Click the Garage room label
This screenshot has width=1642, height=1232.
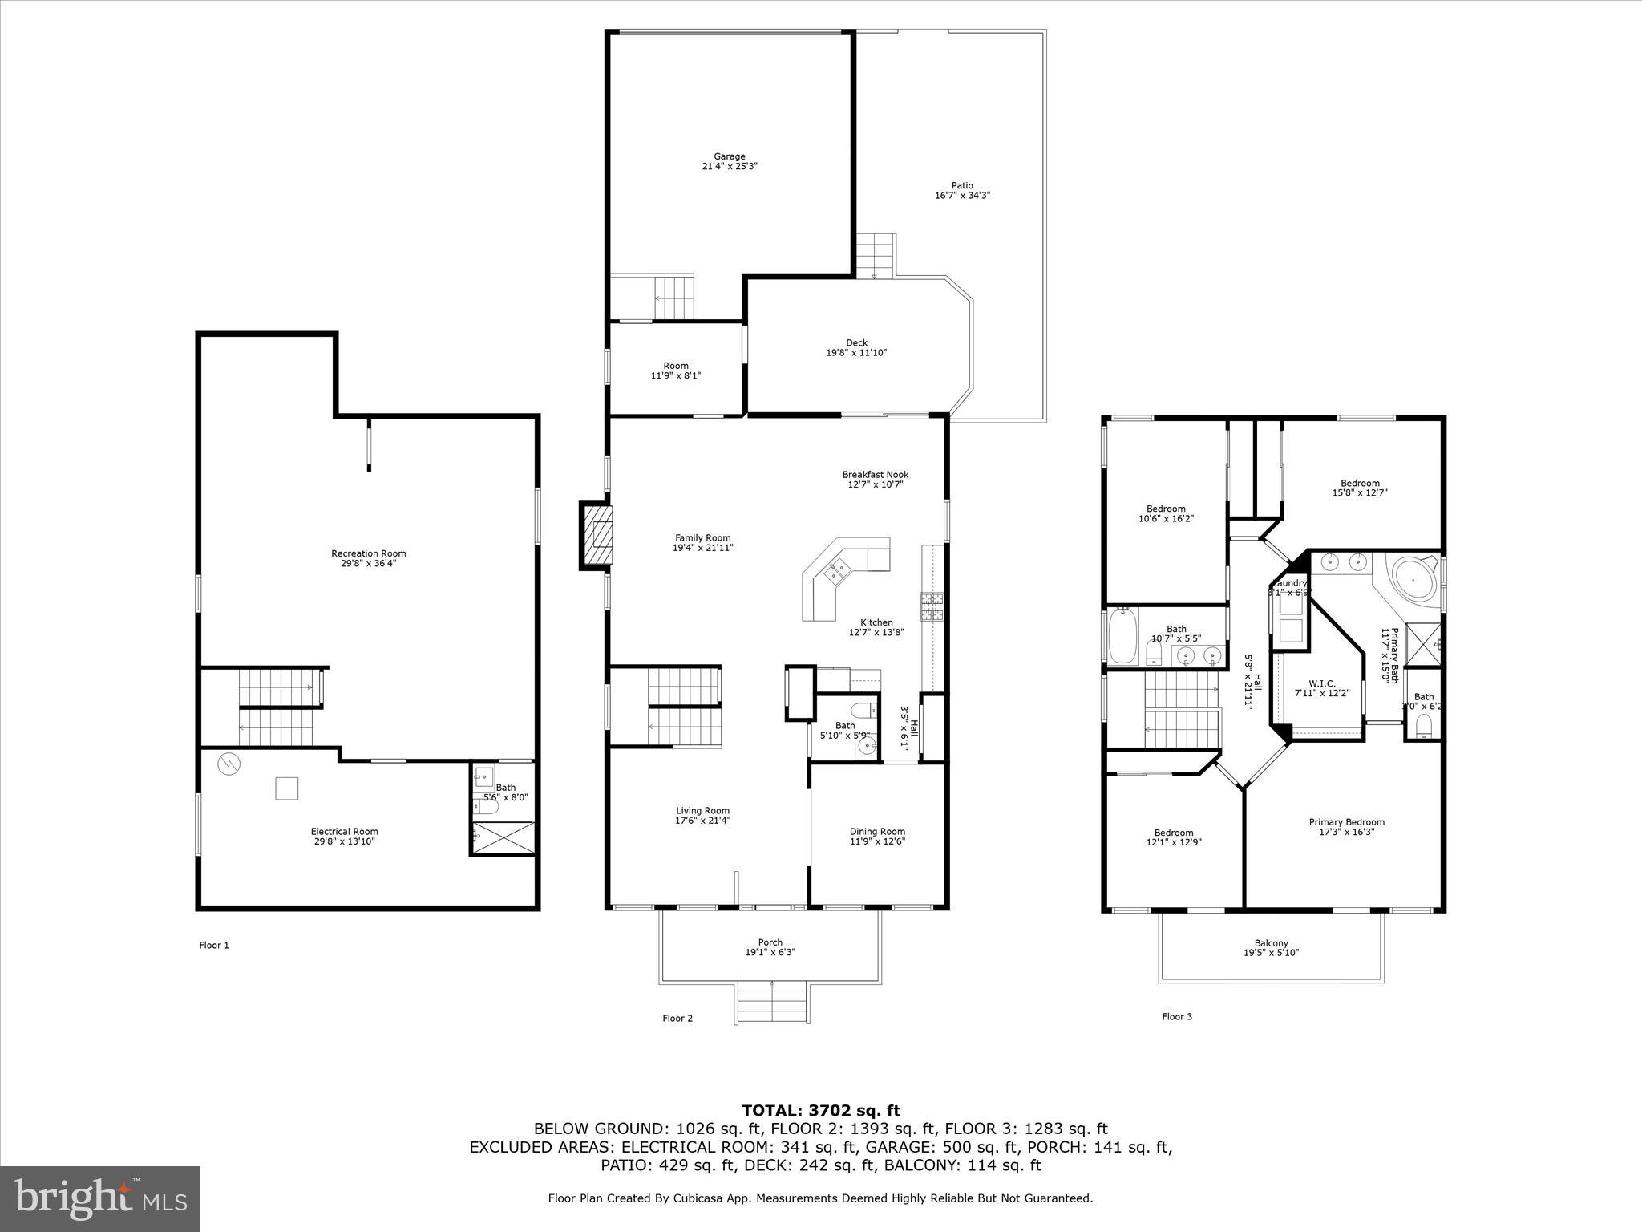(730, 156)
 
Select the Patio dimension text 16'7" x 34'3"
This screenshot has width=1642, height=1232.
(962, 196)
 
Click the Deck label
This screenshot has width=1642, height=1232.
(856, 342)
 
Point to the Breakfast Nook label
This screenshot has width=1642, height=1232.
(876, 474)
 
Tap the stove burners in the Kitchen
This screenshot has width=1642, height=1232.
(932, 606)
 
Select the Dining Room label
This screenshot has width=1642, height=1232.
(877, 832)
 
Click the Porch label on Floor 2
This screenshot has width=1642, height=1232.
(770, 942)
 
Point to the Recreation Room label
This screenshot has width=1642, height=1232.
(369, 553)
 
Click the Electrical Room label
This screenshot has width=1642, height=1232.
(344, 832)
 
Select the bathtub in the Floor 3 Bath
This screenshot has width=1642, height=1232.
(1122, 636)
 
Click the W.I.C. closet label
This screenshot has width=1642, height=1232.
(1321, 683)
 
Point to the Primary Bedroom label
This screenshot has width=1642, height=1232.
(1346, 822)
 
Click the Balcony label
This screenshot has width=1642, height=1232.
(1271, 943)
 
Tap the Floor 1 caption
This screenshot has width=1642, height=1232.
(214, 946)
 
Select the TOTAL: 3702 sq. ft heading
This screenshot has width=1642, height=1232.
(820, 1111)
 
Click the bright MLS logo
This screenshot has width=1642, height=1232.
(100, 1198)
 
